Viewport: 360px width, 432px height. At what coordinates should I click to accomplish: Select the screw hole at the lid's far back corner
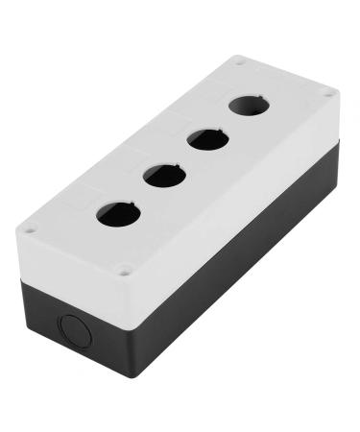(x=238, y=63)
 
